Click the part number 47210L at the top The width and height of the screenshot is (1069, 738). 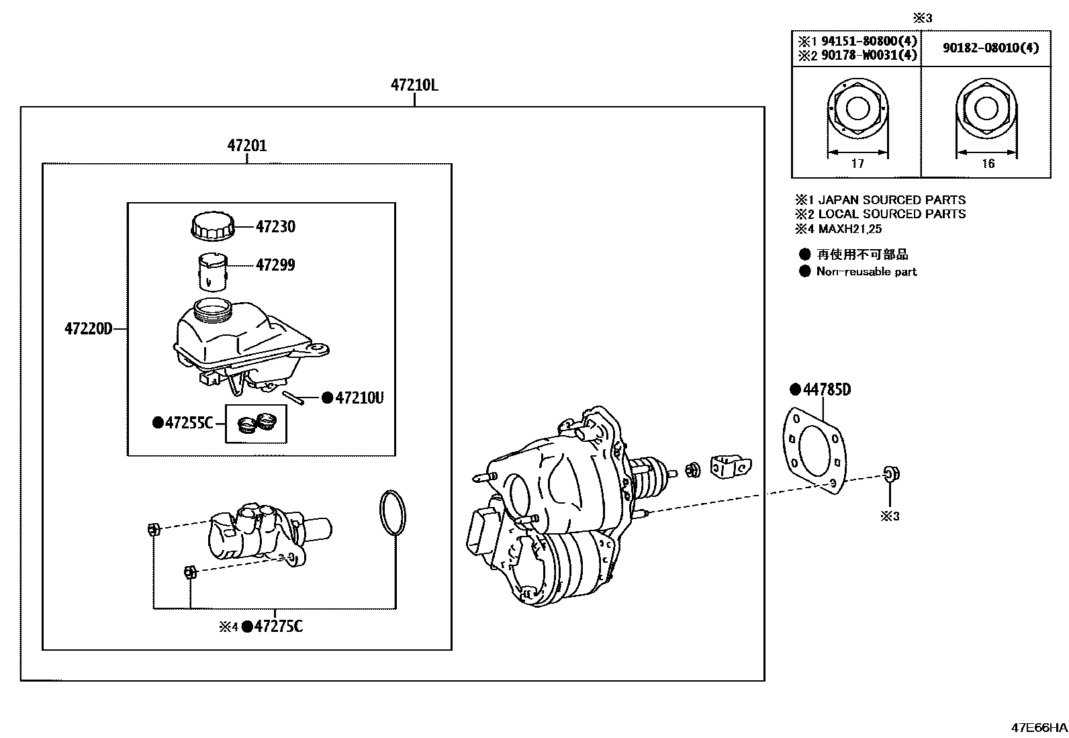pos(414,85)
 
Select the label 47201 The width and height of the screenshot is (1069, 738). pos(246,146)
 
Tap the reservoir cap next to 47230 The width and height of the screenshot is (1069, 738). pos(213,226)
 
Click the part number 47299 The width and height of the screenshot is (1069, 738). pos(275,265)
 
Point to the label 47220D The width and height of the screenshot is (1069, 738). pos(88,329)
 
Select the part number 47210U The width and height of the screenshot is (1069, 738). pos(359,398)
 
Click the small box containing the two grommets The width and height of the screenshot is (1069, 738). pos(256,424)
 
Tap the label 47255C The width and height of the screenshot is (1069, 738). pos(189,423)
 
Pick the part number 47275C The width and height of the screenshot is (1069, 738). pos(278,627)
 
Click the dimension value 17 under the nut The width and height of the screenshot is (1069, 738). pos(857,163)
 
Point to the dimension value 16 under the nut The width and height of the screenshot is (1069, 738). pos(988,163)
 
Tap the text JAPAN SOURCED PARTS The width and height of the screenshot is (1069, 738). pos(891,200)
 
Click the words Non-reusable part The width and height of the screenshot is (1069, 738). pos(866,272)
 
